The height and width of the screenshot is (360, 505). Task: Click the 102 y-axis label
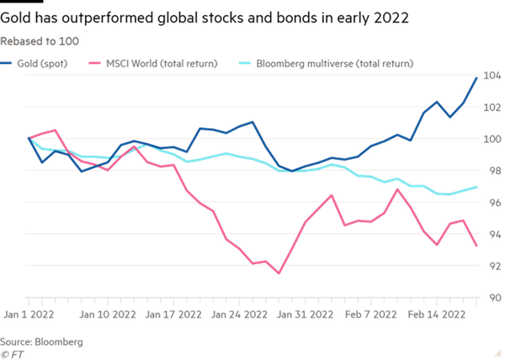click(x=492, y=108)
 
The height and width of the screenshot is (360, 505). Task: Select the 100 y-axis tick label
click(x=492, y=139)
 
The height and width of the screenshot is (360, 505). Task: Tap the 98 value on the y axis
click(x=492, y=171)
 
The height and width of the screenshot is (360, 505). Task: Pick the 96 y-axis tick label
click(x=492, y=203)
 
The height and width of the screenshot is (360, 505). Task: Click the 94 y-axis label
click(x=492, y=234)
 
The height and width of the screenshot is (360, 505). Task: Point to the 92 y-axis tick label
click(x=492, y=266)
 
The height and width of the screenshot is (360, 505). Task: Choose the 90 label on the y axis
click(x=492, y=298)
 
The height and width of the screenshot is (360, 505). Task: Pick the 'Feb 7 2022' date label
click(x=373, y=315)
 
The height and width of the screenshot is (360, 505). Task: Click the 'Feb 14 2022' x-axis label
click(x=437, y=315)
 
